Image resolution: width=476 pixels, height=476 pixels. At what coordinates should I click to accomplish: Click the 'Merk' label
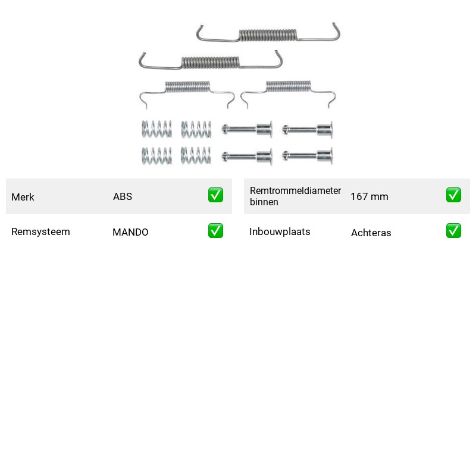tap(23, 197)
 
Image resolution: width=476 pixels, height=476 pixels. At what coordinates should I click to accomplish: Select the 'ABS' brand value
tap(123, 196)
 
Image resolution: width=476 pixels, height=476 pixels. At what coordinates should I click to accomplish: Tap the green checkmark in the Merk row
tap(215, 195)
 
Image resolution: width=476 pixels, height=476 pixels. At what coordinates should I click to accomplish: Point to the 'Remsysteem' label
tap(40, 231)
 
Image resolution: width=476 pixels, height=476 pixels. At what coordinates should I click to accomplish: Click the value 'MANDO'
tap(130, 232)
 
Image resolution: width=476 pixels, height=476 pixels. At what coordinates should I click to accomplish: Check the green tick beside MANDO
tap(215, 231)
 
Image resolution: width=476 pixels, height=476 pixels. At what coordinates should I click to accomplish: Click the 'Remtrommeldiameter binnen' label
tap(295, 196)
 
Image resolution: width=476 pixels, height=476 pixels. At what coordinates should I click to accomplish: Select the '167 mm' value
tap(369, 196)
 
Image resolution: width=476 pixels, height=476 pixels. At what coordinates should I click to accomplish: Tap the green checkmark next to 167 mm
tap(453, 195)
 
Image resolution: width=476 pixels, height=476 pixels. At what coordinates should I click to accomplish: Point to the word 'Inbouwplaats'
tap(280, 231)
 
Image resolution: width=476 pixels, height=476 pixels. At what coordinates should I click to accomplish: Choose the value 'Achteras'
tap(371, 233)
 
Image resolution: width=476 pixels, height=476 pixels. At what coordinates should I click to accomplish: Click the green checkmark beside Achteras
tap(453, 231)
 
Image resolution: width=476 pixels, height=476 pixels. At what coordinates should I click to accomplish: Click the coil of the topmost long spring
tap(268, 35)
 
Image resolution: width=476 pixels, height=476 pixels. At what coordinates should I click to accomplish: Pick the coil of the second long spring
tap(211, 62)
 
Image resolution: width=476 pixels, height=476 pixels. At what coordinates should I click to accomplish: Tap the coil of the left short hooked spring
tap(187, 86)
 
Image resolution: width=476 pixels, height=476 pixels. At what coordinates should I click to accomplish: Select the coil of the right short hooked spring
tap(289, 86)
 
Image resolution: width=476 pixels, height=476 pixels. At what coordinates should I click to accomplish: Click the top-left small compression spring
tap(156, 129)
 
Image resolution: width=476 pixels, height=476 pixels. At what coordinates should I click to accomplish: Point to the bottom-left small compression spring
tap(156, 156)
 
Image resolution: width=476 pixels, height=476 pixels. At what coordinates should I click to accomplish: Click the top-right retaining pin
tap(307, 130)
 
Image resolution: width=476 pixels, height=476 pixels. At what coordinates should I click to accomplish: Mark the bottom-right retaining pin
tap(307, 156)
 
